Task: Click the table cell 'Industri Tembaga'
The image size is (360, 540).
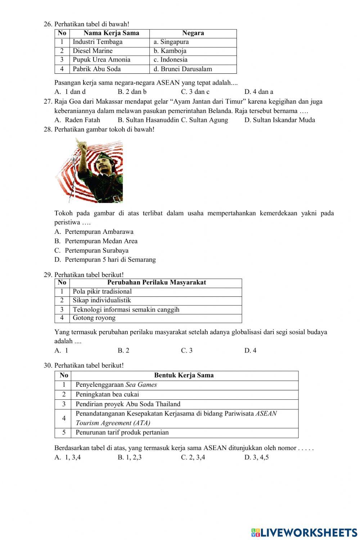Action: (x=98, y=42)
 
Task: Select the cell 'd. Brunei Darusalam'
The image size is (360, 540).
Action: (x=183, y=69)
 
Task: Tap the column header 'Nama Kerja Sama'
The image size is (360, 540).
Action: (x=111, y=33)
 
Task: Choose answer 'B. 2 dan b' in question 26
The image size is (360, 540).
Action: (x=132, y=92)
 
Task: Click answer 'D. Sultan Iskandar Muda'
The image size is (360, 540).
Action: (x=279, y=120)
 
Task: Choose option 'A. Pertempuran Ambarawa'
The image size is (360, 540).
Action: (x=94, y=232)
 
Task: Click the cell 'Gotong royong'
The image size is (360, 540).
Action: (x=94, y=318)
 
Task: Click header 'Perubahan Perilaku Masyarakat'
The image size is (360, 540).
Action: (x=157, y=282)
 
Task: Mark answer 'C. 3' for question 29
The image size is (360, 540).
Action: (x=186, y=350)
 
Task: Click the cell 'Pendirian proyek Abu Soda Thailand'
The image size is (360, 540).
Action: (x=128, y=404)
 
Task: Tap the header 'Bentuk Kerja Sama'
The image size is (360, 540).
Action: (x=184, y=375)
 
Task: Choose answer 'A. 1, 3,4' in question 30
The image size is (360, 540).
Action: (x=68, y=458)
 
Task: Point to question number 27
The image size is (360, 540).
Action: (x=48, y=102)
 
